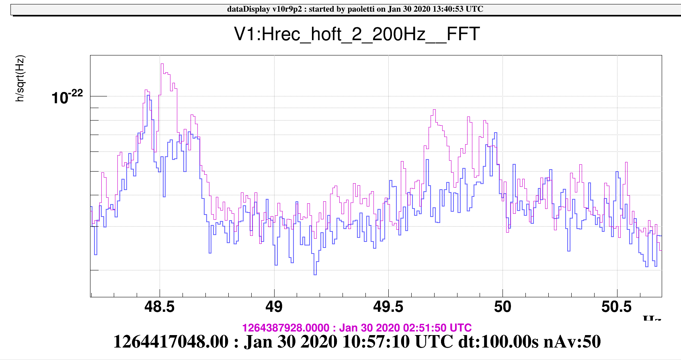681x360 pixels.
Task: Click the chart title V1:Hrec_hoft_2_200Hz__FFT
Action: click(357, 34)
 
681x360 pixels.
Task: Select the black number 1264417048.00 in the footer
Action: click(171, 342)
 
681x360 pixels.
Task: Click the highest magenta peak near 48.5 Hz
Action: click(162, 64)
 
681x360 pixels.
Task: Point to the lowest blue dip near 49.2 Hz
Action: click(315, 274)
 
